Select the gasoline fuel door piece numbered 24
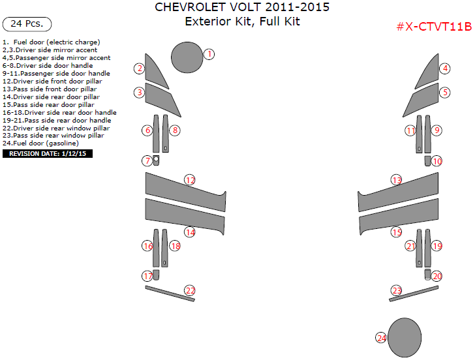405,337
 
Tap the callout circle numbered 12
190,180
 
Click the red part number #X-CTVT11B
433,27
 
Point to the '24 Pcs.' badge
27,24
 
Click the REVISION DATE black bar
48,154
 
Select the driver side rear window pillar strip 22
170,293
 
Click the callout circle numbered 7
148,160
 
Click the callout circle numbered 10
437,161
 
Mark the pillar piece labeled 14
184,216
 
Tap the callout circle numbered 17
148,277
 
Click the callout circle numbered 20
437,277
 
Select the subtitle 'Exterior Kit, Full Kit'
241,22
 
